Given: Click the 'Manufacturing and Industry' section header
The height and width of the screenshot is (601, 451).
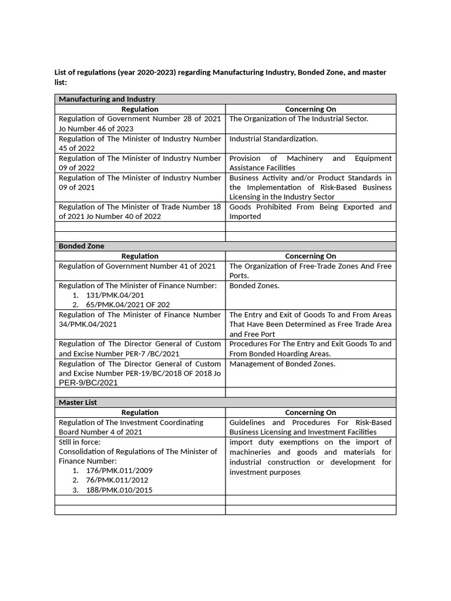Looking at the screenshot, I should [x=107, y=99].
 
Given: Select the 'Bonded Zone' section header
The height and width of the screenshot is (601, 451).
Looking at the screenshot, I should [x=82, y=246].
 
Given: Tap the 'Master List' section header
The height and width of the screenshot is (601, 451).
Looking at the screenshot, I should [x=78, y=403].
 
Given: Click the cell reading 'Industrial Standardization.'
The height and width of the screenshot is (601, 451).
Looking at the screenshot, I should [x=273, y=139].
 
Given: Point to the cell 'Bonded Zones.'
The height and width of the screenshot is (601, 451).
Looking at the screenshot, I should [x=254, y=285].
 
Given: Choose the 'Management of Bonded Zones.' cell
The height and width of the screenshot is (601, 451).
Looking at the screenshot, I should [x=282, y=364].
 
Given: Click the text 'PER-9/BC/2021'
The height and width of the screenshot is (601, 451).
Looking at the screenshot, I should [x=88, y=383].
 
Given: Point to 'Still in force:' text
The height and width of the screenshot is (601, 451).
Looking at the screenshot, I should [x=79, y=441].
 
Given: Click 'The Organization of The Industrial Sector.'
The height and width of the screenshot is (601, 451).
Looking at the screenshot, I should [x=299, y=119].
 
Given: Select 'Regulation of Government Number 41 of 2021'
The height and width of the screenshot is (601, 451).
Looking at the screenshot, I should [x=137, y=266].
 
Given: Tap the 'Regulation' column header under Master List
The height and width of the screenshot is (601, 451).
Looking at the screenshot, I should [x=140, y=413].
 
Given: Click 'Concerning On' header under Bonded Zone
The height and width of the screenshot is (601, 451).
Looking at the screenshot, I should [x=310, y=256].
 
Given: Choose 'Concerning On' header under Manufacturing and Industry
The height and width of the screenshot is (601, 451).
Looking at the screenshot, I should [x=310, y=109].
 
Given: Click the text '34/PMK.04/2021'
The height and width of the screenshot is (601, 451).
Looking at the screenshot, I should [x=87, y=324].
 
